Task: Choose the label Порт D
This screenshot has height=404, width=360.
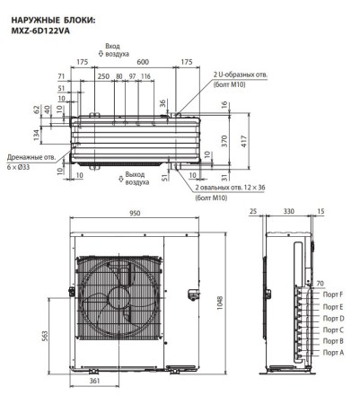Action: (333, 319)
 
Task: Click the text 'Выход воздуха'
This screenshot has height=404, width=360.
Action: (136, 178)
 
